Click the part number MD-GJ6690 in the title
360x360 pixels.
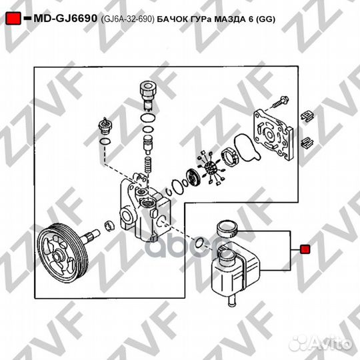point(65,19)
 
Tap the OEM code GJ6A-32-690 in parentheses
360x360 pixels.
point(127,19)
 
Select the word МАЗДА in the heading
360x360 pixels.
point(230,19)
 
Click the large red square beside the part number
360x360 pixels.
point(13,19)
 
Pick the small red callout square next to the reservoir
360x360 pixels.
point(305,249)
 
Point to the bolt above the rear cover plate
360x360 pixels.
point(281,102)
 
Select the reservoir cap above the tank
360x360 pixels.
point(227,229)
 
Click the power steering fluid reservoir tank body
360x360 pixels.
point(235,271)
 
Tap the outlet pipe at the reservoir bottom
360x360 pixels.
point(233,301)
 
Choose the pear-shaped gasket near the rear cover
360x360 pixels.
point(247,147)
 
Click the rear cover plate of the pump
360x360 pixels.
point(273,134)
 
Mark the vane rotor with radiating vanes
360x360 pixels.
point(210,167)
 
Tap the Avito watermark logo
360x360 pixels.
point(321,344)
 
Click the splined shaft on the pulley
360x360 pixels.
point(92,236)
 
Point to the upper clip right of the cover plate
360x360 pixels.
point(307,115)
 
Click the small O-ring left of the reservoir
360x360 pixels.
point(199,242)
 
